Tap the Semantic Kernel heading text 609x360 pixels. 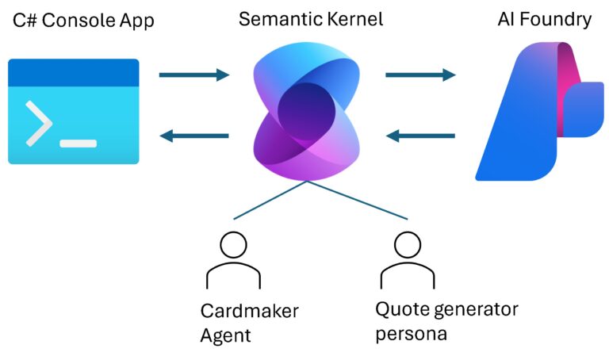pos(311,19)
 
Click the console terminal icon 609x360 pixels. pos(74,111)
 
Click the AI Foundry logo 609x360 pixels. pos(539,111)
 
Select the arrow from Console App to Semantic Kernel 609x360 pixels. pos(193,75)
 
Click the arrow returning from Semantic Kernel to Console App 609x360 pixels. pos(193,136)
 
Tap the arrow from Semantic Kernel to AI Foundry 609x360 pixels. pos(420,75)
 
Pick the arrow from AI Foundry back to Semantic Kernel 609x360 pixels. pos(420,136)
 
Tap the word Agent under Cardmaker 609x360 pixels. pos(225,335)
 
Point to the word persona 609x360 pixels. pos(413,333)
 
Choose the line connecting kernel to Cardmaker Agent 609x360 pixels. pos(270,200)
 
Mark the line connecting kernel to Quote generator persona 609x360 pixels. pos(357,200)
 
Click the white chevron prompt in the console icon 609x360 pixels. pos(39,124)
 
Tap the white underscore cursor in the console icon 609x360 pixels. pos(79,144)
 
